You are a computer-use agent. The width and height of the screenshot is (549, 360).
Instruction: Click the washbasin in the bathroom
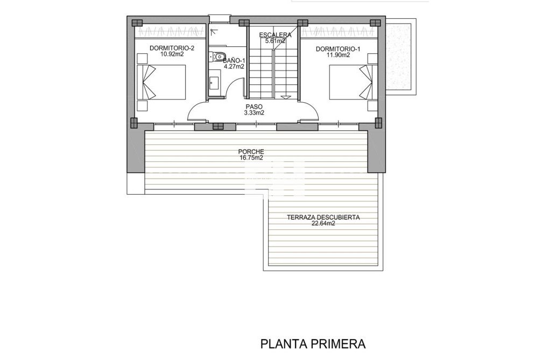coord(214,83)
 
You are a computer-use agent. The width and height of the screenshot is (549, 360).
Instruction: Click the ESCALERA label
coord(272,35)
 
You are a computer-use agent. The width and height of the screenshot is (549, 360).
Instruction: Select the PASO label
coord(254,107)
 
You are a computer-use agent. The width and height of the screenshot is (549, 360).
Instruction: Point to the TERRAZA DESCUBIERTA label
coord(323,218)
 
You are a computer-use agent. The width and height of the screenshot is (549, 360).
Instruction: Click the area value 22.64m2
coord(323,224)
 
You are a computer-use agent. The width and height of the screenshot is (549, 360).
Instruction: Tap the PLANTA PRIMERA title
coord(313,343)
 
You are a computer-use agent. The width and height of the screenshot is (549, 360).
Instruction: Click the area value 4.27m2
coord(234,67)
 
